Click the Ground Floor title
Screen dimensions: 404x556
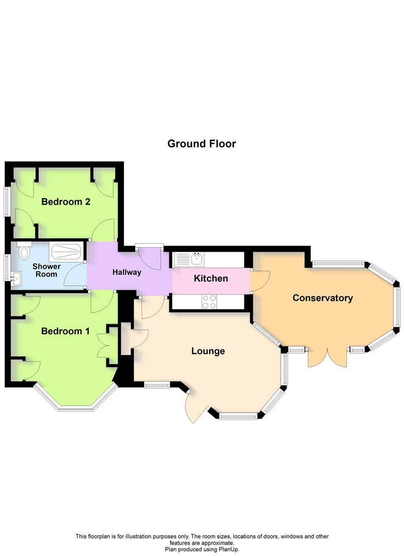click(x=201, y=144)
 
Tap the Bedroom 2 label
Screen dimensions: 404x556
click(x=65, y=202)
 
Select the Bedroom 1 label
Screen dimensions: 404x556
click(x=65, y=331)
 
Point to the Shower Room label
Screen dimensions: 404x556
click(x=46, y=270)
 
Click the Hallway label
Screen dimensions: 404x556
click(x=127, y=272)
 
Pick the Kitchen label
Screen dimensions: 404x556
click(x=211, y=279)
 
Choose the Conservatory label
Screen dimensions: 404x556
click(x=323, y=298)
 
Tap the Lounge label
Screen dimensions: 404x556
click(x=208, y=351)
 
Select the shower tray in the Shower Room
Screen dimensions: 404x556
click(x=66, y=252)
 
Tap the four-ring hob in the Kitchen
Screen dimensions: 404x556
click(x=209, y=302)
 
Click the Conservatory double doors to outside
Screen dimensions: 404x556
click(x=327, y=356)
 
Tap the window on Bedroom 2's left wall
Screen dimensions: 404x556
click(x=6, y=201)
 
